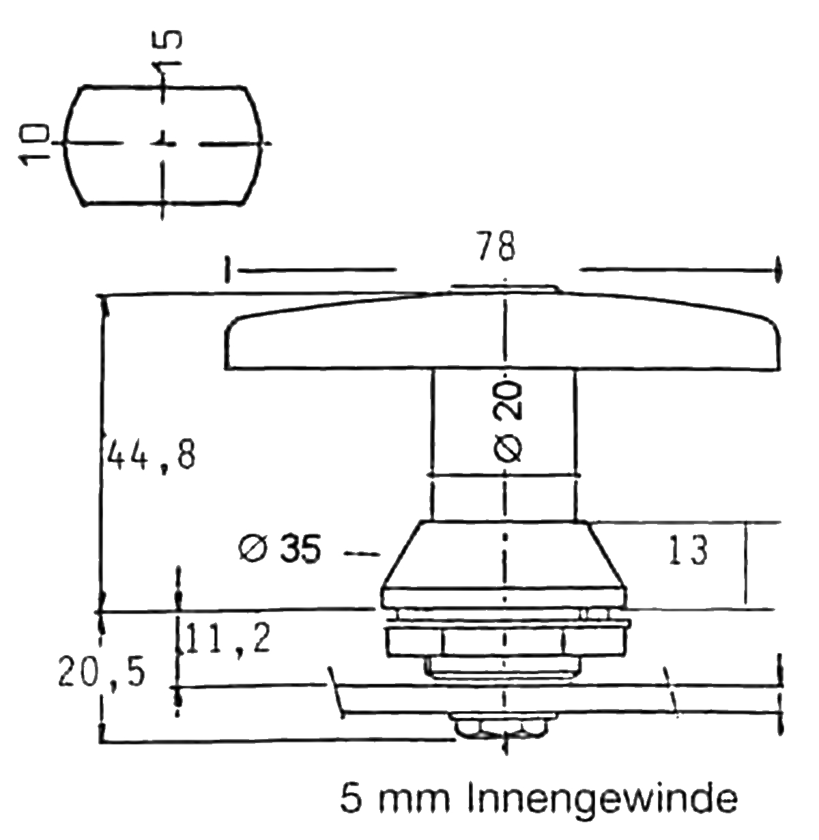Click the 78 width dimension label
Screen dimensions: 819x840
tap(496, 246)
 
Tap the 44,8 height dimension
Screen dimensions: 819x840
tap(152, 455)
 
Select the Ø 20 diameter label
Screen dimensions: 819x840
tap(508, 422)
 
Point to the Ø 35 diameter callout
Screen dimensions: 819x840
tap(280, 549)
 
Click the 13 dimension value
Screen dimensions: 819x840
tap(689, 550)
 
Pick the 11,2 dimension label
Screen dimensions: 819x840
tap(227, 640)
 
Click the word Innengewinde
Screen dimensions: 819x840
tap(603, 800)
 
